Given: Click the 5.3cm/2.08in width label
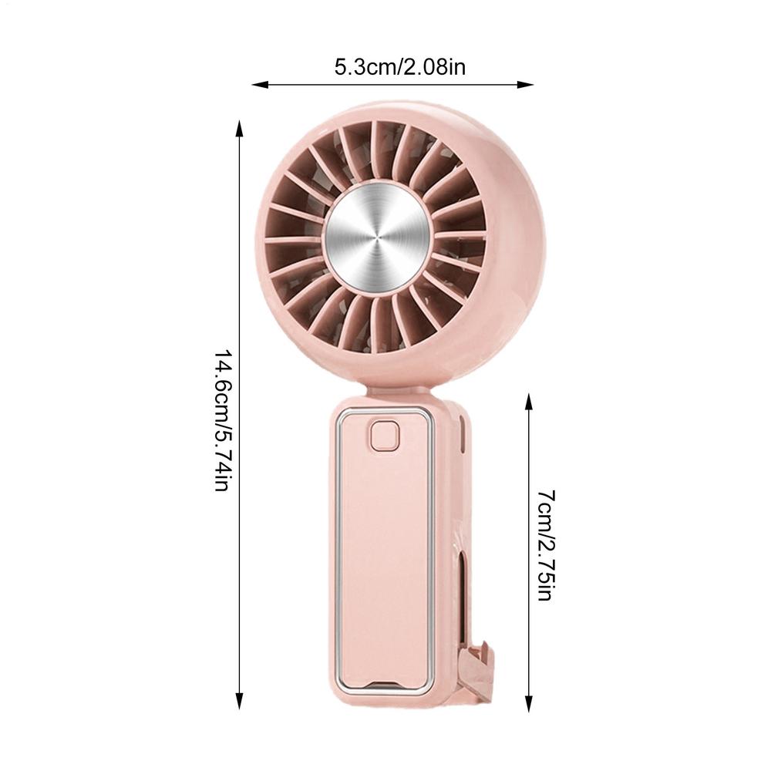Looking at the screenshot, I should (x=399, y=67).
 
